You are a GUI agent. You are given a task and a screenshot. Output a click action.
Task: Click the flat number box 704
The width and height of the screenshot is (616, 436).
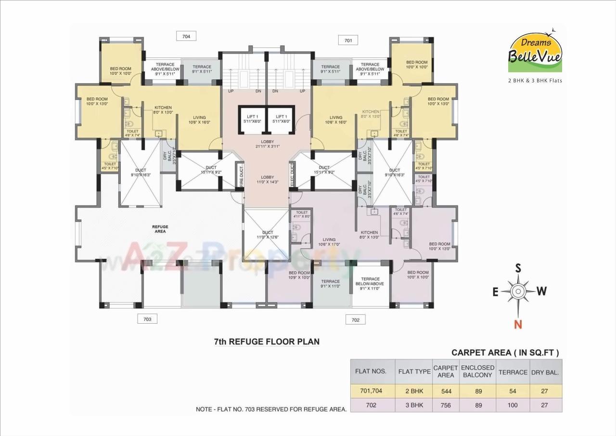tap(186, 36)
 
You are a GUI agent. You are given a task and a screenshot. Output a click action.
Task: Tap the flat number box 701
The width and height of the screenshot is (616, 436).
tap(348, 40)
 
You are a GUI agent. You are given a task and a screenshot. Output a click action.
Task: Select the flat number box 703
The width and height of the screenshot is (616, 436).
tap(147, 319)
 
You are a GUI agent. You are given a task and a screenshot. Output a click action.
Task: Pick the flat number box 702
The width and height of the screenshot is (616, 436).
tap(355, 320)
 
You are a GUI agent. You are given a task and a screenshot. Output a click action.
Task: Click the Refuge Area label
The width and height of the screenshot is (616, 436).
tap(160, 229)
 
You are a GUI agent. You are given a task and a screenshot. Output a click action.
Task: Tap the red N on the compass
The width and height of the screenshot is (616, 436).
tap(518, 324)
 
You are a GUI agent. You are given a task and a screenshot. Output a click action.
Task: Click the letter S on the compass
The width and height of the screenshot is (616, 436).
tap(518, 268)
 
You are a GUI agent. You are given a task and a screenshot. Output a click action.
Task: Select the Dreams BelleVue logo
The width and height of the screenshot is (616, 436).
tap(535, 51)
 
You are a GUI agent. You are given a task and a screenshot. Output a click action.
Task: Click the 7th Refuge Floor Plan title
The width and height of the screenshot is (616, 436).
tap(267, 342)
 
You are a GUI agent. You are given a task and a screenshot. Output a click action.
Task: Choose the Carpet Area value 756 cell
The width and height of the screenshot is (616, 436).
tap(446, 405)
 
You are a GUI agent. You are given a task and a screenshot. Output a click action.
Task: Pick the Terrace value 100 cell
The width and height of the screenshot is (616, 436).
tap(513, 405)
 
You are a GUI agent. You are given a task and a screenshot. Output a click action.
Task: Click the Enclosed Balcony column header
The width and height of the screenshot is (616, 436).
tap(478, 371)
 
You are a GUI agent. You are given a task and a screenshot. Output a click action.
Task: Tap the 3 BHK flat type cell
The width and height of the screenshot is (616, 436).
tap(414, 405)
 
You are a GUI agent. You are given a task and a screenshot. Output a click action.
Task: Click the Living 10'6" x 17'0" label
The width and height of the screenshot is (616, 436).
tap(329, 242)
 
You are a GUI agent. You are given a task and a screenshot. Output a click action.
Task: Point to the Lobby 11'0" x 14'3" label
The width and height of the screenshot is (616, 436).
tap(267, 180)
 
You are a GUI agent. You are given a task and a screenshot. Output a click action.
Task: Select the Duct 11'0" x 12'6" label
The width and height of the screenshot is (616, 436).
tap(268, 235)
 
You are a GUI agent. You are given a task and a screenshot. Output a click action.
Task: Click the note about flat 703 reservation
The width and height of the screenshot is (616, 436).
tap(271, 409)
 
